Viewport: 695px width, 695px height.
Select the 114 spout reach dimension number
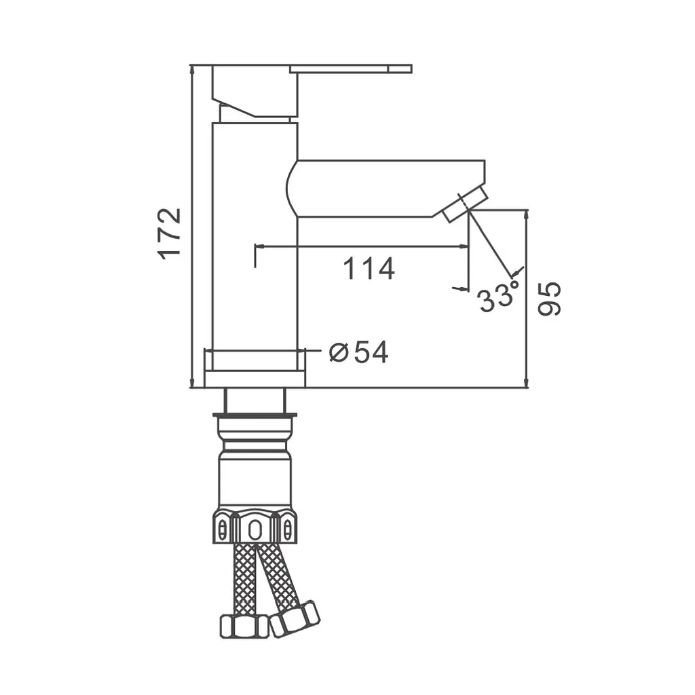point(369,269)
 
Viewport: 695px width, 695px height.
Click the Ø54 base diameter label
point(358,352)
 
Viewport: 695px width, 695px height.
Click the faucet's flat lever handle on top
point(351,69)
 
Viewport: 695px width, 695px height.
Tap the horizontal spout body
point(386,189)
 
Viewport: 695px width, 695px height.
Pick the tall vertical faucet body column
point(255,246)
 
